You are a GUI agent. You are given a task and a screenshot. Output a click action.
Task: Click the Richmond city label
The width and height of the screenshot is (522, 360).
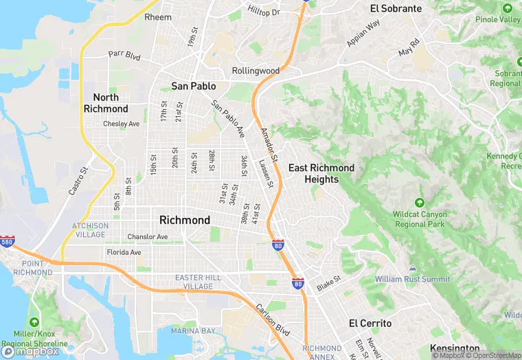[x=185, y=221]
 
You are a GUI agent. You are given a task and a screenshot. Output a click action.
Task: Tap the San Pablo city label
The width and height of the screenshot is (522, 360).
[x=194, y=87]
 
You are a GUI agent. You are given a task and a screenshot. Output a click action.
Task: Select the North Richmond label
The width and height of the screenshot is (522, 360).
[x=106, y=103]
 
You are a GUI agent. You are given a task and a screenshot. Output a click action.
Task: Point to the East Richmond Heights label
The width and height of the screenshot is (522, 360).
[x=321, y=174]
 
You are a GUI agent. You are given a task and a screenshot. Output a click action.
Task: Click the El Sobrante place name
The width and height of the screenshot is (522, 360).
[x=396, y=9]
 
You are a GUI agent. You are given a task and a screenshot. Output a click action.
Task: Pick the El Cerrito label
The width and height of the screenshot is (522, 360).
[x=370, y=323]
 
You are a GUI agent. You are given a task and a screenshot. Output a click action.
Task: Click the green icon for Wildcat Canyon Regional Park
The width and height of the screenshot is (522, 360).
[x=420, y=203]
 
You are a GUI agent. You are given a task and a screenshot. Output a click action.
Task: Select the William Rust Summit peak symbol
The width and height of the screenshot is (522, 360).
[x=412, y=268]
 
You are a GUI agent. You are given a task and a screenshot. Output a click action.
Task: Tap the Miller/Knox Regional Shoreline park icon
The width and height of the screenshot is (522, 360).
[x=34, y=322]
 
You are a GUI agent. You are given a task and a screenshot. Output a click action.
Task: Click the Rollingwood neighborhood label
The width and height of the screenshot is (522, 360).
[x=256, y=71]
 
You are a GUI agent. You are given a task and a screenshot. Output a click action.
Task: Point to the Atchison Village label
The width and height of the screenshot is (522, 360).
[x=90, y=230]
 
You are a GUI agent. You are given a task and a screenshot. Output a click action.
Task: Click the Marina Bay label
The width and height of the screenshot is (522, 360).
[x=194, y=331]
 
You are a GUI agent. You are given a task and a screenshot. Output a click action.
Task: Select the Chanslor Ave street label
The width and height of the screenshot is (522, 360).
[x=148, y=237]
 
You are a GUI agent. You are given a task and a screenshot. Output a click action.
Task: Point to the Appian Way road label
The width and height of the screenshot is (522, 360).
[x=363, y=34]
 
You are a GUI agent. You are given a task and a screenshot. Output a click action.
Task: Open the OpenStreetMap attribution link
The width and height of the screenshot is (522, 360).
[x=493, y=355]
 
